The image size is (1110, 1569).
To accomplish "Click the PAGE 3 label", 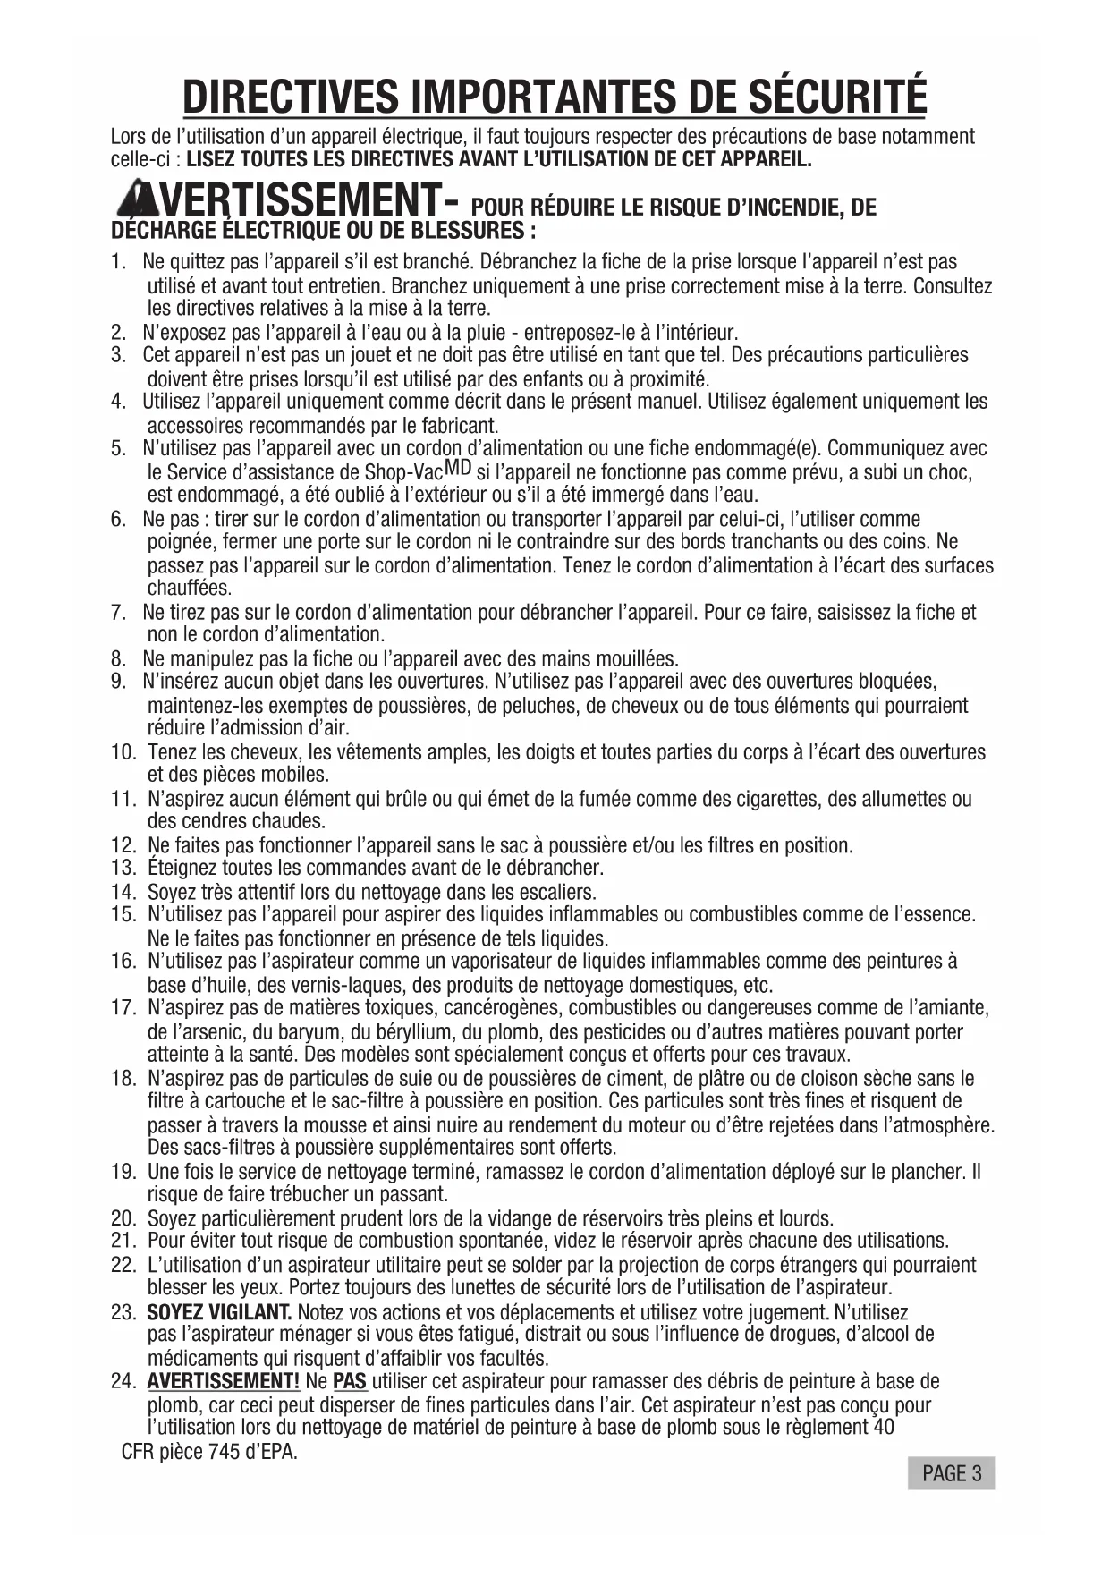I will tap(951, 1473).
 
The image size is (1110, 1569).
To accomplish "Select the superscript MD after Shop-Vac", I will tap(458, 466).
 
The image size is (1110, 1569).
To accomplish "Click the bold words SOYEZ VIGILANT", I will tap(219, 1312).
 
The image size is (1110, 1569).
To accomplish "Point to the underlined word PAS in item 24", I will tap(350, 1382).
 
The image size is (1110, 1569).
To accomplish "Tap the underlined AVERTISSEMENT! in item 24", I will tap(224, 1382).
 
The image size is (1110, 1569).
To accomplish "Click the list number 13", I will tap(123, 868).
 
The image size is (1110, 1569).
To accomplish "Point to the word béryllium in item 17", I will tap(400, 1031).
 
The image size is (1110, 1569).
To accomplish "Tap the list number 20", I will tap(123, 1218).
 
